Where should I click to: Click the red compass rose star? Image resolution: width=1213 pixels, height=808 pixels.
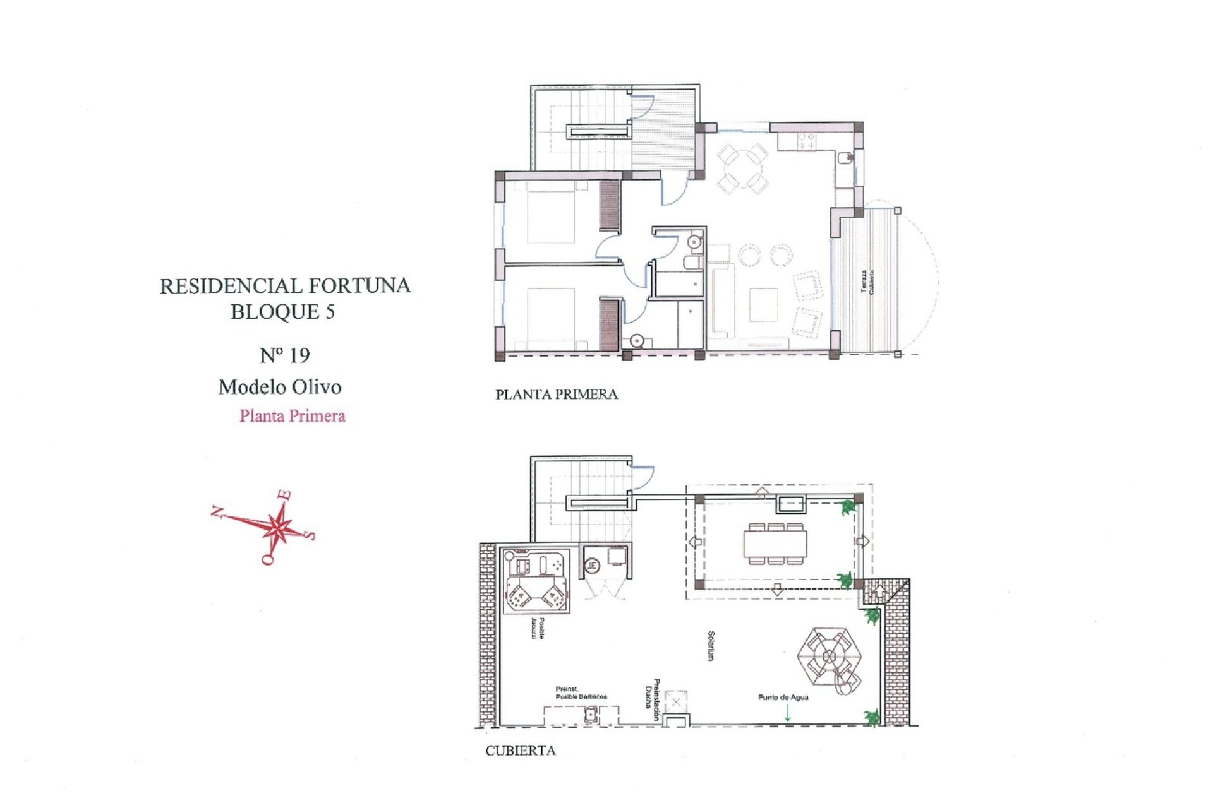point(276,525)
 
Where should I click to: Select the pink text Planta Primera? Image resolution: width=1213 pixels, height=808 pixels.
point(292,416)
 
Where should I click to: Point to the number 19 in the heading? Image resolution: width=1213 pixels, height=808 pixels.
point(299,356)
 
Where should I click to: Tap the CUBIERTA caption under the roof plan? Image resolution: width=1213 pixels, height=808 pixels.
point(520,751)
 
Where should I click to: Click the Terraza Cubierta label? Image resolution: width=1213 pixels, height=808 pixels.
point(867,282)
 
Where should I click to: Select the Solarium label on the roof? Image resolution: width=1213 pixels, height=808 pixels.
point(711,646)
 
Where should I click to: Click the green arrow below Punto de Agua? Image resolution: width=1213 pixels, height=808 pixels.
point(787,713)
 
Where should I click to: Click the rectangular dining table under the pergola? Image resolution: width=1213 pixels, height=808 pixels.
point(775,544)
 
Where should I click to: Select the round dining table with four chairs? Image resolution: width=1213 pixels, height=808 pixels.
point(743,168)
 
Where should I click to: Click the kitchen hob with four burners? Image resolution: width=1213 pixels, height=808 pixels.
point(806,141)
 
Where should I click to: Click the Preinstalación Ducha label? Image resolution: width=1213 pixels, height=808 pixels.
point(653,699)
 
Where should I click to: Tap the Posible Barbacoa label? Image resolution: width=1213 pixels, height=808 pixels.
point(581,693)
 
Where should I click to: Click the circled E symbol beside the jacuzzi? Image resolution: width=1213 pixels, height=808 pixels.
point(591,565)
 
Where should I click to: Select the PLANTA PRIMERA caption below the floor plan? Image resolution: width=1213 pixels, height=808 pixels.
point(556,395)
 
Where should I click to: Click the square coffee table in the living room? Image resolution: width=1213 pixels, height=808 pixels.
point(764,304)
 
